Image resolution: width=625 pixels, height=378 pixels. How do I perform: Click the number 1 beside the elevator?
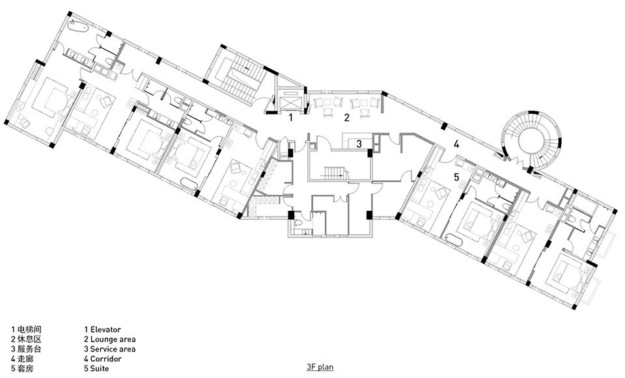[x=291, y=117]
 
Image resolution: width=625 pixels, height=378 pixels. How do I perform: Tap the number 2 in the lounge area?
[x=347, y=117]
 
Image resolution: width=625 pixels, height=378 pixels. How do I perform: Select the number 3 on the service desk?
[x=359, y=144]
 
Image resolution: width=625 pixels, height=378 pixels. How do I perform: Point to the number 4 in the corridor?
[x=456, y=144]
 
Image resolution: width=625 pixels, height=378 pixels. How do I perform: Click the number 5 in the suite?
[x=456, y=177]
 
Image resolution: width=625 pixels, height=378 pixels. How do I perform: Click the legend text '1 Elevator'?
[x=102, y=329]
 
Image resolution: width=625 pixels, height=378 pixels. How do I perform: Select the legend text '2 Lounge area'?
[x=109, y=340]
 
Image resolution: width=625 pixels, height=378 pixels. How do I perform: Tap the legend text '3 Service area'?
[x=109, y=349]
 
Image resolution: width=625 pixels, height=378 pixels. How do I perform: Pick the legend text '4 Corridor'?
[x=102, y=359]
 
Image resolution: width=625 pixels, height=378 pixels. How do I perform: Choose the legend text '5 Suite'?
[x=96, y=369]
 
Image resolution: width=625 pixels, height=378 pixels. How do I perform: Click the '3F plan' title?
[x=320, y=367]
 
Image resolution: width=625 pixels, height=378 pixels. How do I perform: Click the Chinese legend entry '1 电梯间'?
[x=26, y=329]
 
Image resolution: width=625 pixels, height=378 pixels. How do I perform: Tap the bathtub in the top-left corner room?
[x=77, y=27]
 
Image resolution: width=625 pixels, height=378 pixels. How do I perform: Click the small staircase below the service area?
[x=333, y=172]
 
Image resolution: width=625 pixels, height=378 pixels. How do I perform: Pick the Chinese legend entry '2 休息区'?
[x=26, y=340]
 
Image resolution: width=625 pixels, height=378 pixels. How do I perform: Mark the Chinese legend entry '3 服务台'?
[x=26, y=349]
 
